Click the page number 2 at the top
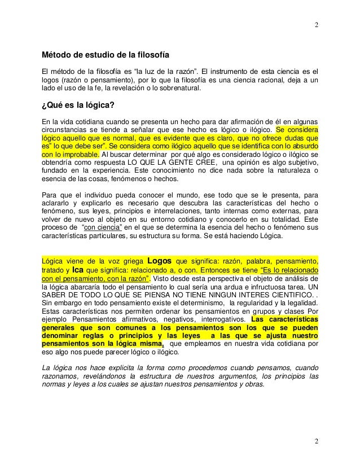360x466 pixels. [x=315, y=25]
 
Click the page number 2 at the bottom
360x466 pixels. [x=315, y=440]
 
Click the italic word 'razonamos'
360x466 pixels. [x=60, y=377]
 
